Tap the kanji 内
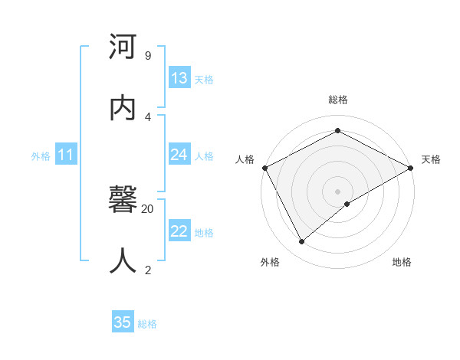pos(123,107)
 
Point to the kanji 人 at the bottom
pos(123,260)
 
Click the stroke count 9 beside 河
pos(147,55)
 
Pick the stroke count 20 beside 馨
pos(148,208)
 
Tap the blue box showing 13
pos(179,78)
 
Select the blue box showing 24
pos(179,155)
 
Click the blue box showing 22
pos(179,231)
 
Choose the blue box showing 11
pos(66,155)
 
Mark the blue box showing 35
pos(123,322)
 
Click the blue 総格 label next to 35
pos(147,324)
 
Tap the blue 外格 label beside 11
pos(41,156)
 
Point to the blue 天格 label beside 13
pos(204,80)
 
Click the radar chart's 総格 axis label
pos(338,100)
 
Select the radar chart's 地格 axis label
pos(402,262)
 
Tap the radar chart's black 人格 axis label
pos(245,159)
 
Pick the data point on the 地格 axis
pos(347,204)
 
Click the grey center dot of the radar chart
pos(338,191)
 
